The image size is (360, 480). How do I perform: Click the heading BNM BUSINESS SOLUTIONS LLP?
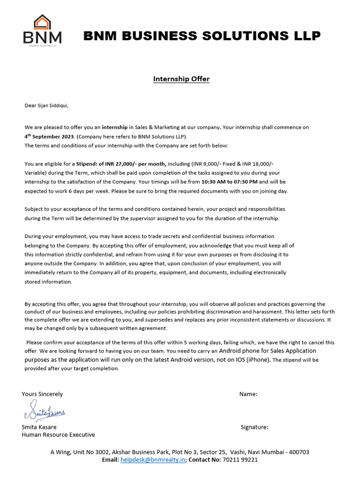[x=202, y=36]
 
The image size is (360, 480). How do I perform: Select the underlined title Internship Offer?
[x=181, y=79]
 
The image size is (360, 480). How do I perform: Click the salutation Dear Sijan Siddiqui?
[x=46, y=105]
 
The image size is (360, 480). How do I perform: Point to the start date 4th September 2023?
[x=50, y=136]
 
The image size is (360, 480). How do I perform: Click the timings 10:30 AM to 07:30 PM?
[x=229, y=182]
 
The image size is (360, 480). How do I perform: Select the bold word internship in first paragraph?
[x=115, y=127]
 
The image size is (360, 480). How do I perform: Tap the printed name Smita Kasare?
[x=39, y=427]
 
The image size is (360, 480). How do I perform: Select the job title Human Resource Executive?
[x=58, y=435]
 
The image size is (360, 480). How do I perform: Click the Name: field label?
[x=248, y=394]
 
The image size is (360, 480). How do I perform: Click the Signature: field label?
[x=254, y=427]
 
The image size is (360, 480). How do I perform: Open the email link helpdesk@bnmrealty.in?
[x=153, y=460]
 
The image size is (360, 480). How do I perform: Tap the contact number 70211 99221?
[x=240, y=460]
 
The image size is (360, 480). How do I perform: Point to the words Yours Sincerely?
[x=42, y=394]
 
